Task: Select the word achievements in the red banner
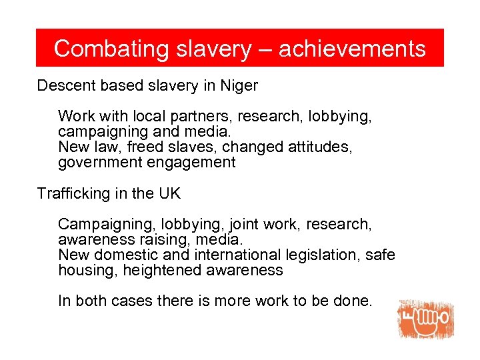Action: coord(352,49)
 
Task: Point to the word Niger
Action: coord(241,86)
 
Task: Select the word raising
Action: coord(154,239)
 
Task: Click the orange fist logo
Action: coord(426,320)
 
